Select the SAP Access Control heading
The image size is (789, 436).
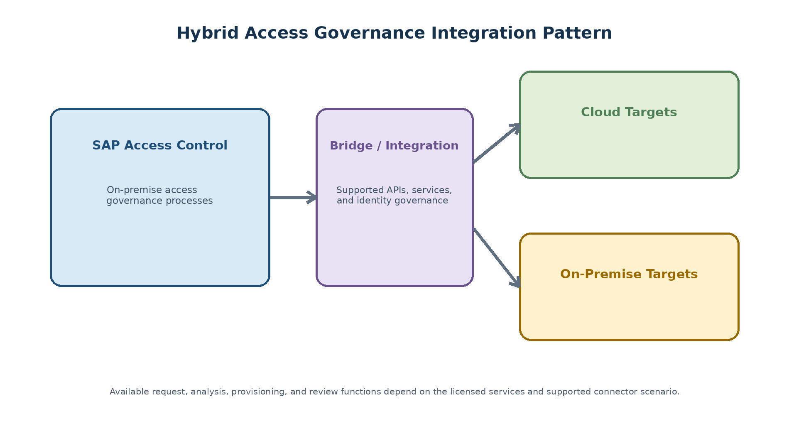click(x=160, y=145)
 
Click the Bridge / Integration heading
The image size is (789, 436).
click(x=394, y=146)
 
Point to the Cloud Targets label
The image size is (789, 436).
click(x=629, y=113)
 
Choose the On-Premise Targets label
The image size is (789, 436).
click(x=629, y=274)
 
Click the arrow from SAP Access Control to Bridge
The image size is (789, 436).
click(x=293, y=197)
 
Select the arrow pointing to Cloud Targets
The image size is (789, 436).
click(x=497, y=143)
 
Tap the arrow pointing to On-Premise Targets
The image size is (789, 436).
click(x=497, y=257)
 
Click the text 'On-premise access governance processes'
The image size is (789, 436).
click(x=159, y=196)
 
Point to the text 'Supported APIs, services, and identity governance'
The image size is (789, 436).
click(x=394, y=196)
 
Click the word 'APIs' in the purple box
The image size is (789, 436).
click(x=396, y=190)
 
